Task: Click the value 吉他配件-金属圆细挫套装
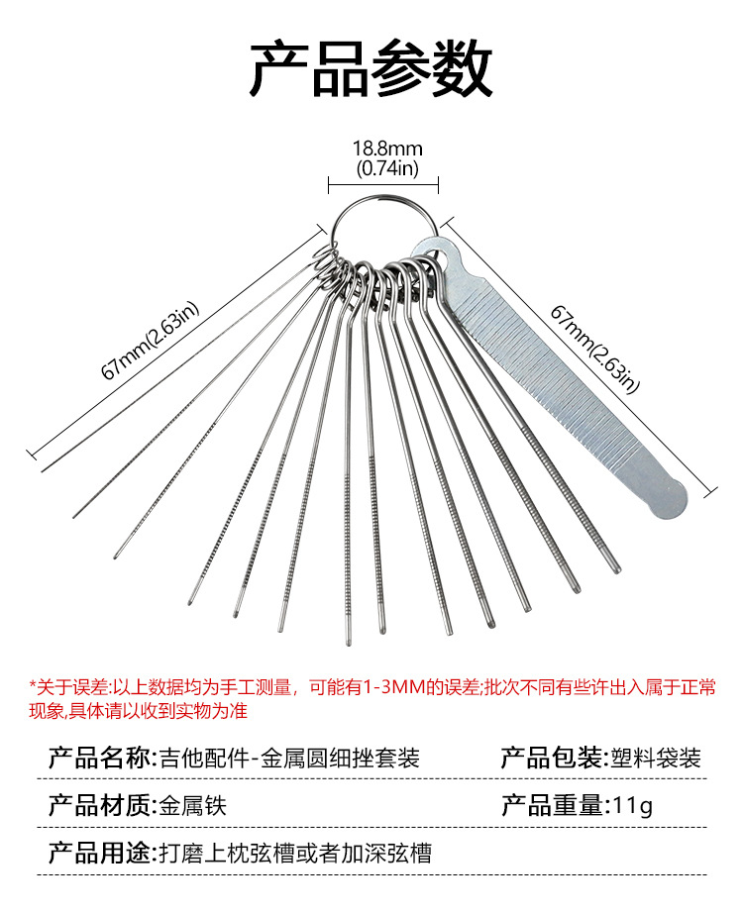(289, 759)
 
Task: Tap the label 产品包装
(553, 759)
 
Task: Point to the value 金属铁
(193, 806)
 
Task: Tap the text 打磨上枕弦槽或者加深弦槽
(295, 853)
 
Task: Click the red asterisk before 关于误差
(32, 685)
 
